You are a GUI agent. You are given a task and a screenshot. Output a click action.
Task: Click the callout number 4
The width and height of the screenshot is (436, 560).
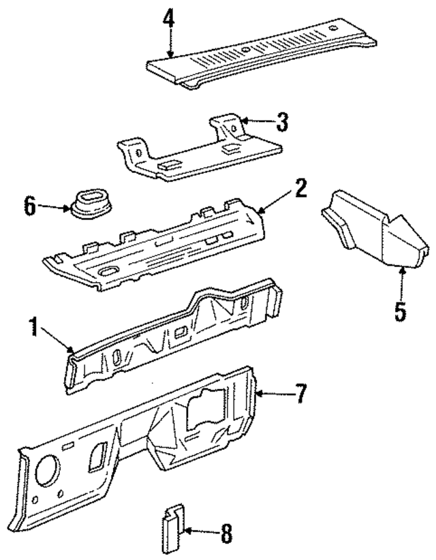point(168,20)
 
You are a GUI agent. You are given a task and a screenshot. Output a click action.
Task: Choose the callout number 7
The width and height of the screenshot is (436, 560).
point(299,393)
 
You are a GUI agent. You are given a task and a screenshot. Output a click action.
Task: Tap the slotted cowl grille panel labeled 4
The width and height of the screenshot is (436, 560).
point(266,51)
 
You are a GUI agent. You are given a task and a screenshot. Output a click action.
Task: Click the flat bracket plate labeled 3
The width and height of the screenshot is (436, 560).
point(198,153)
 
